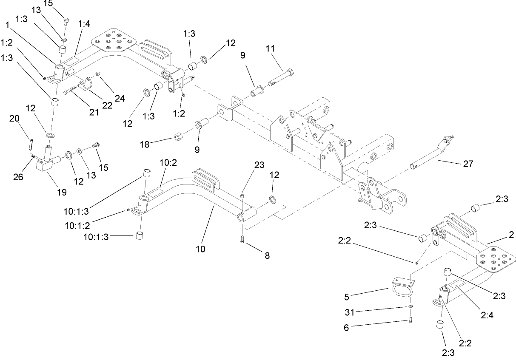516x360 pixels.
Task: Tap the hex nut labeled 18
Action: coord(179,138)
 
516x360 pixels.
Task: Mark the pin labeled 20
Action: coord(31,144)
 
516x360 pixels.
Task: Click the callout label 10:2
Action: coord(168,163)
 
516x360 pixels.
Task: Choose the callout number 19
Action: coord(62,192)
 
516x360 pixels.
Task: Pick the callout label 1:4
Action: coord(84,25)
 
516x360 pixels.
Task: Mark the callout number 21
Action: coord(94,112)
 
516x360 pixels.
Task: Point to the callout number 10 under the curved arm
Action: coord(200,249)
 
